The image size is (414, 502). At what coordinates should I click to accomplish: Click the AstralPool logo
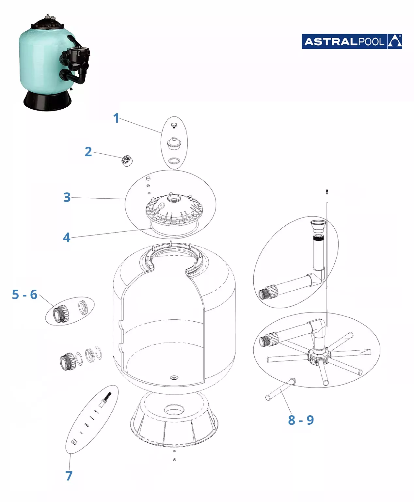(352, 41)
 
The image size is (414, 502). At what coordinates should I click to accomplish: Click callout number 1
(116, 118)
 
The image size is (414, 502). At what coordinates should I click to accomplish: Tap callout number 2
(88, 152)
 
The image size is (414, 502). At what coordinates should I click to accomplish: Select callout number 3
(67, 197)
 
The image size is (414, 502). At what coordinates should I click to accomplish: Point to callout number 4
(67, 237)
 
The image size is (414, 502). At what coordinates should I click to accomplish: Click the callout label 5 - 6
(24, 295)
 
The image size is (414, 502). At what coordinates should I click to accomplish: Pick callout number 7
(69, 476)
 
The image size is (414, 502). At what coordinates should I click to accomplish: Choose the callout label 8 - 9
(301, 420)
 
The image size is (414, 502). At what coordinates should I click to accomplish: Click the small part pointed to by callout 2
(127, 161)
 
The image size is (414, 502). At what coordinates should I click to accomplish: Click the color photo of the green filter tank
(55, 63)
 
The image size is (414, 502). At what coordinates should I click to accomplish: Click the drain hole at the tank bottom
(174, 377)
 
